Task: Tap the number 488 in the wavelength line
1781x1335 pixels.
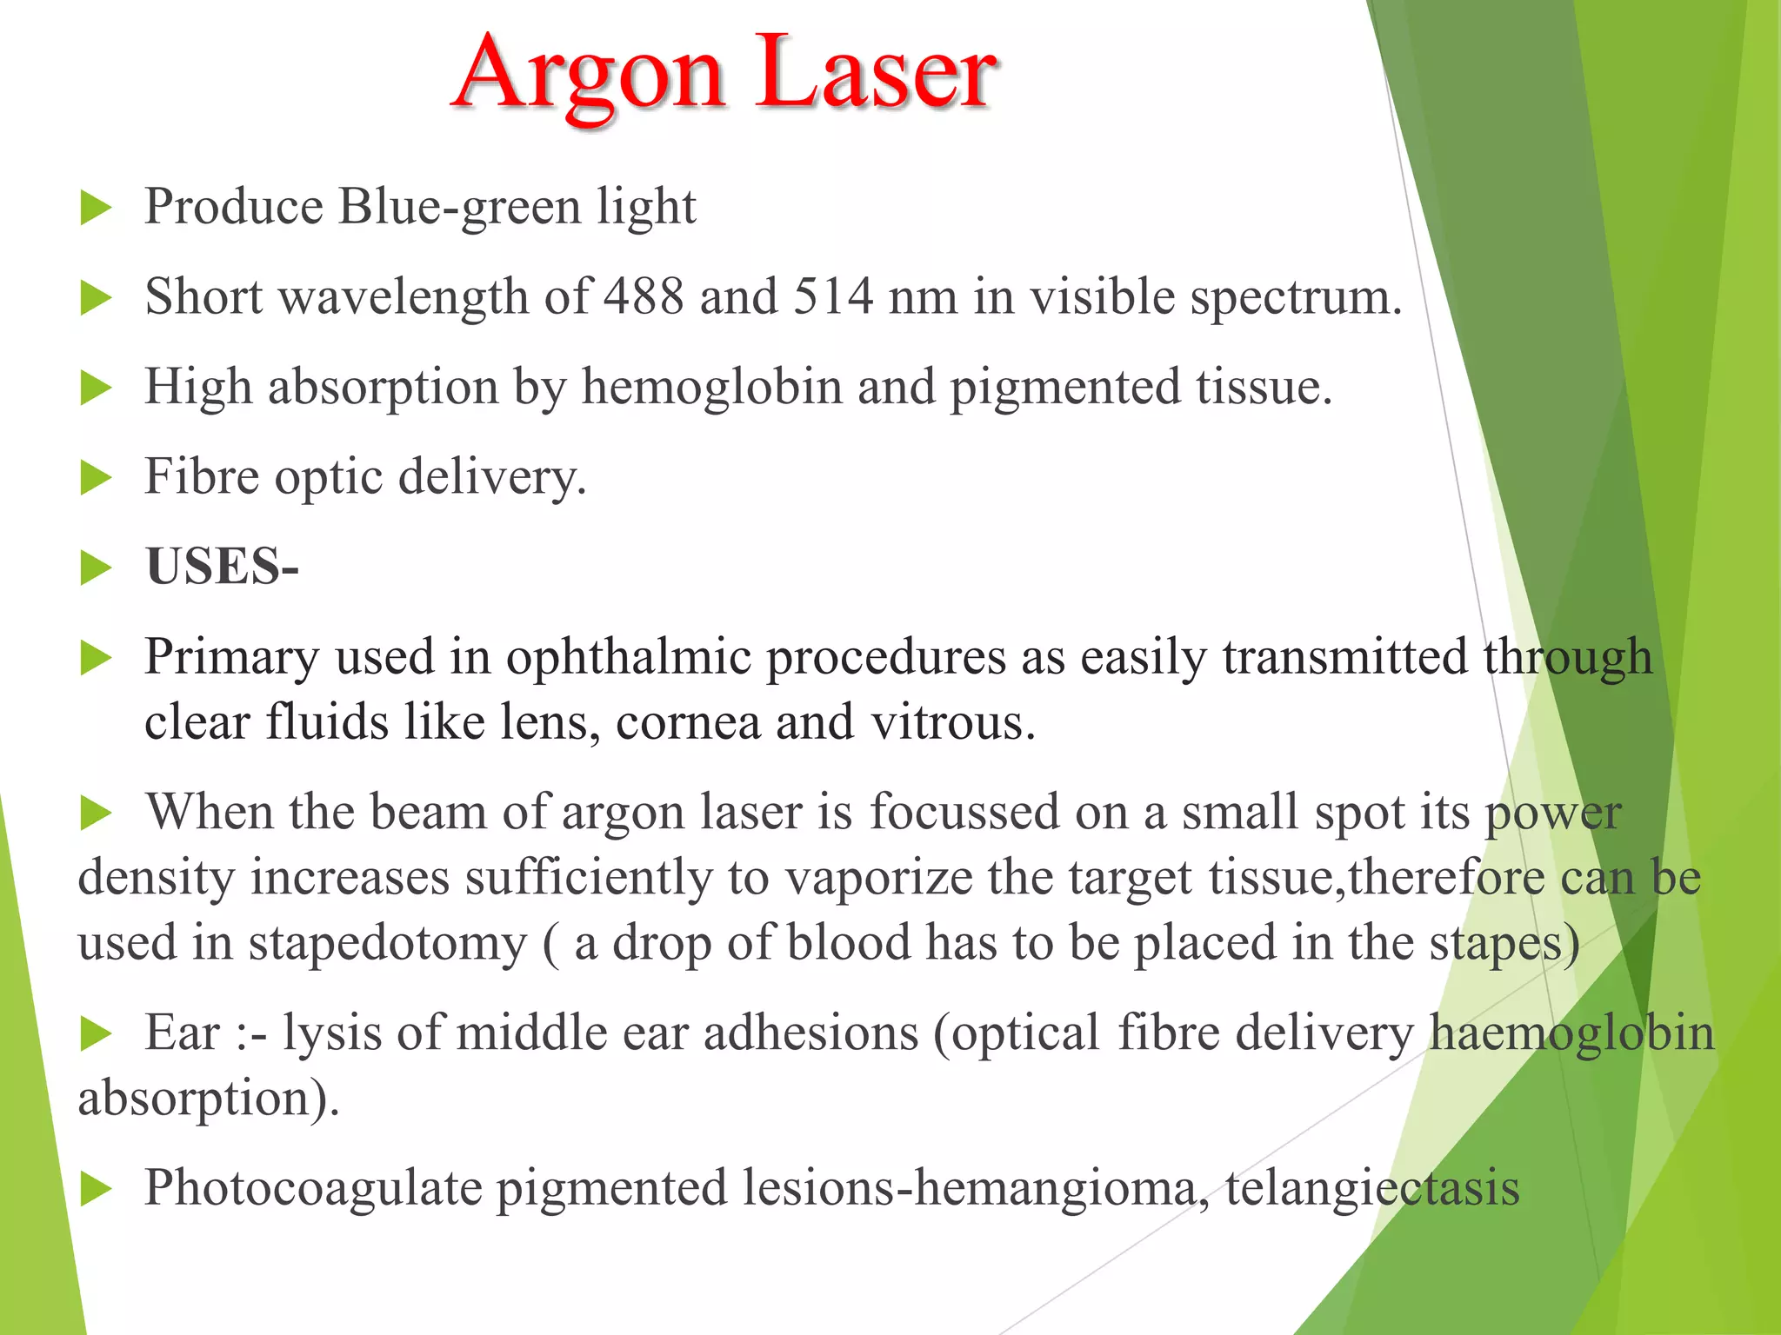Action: (644, 296)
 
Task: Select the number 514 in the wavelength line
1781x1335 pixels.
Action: (833, 296)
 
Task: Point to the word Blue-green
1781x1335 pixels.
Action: (459, 207)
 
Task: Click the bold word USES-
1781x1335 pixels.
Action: (223, 567)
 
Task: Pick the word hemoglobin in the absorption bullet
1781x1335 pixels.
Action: (712, 387)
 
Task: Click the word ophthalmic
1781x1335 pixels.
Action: (629, 656)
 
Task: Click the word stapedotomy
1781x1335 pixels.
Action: (388, 943)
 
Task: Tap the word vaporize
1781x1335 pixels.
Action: (879, 877)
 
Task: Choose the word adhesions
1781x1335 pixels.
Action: (810, 1033)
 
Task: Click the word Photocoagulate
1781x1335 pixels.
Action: (313, 1188)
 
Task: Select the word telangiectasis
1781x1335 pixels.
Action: (1372, 1188)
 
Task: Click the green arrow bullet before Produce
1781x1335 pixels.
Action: (96, 209)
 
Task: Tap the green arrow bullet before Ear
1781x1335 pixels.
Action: (96, 1034)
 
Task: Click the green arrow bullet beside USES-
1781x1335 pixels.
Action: (96, 568)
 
